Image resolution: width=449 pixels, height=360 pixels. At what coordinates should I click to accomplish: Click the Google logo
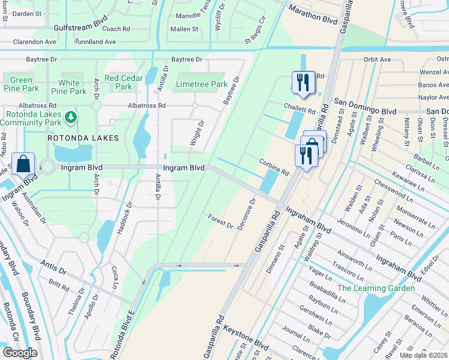click(20, 353)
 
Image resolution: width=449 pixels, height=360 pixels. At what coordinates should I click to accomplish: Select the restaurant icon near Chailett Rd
click(303, 82)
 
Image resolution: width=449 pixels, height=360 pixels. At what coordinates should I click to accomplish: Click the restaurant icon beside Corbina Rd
click(306, 156)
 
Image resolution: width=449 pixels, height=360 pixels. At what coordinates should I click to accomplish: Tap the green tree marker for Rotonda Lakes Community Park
click(71, 116)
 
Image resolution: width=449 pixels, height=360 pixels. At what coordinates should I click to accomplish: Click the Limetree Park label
click(202, 85)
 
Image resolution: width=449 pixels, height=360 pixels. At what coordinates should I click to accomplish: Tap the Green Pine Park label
click(21, 84)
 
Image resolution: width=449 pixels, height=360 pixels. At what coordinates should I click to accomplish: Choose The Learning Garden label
click(376, 288)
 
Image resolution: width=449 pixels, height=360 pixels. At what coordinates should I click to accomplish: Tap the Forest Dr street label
click(220, 221)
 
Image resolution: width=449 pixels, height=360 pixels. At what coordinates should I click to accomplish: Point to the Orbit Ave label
click(377, 60)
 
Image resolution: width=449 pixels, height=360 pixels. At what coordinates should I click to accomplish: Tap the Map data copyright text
click(424, 355)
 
